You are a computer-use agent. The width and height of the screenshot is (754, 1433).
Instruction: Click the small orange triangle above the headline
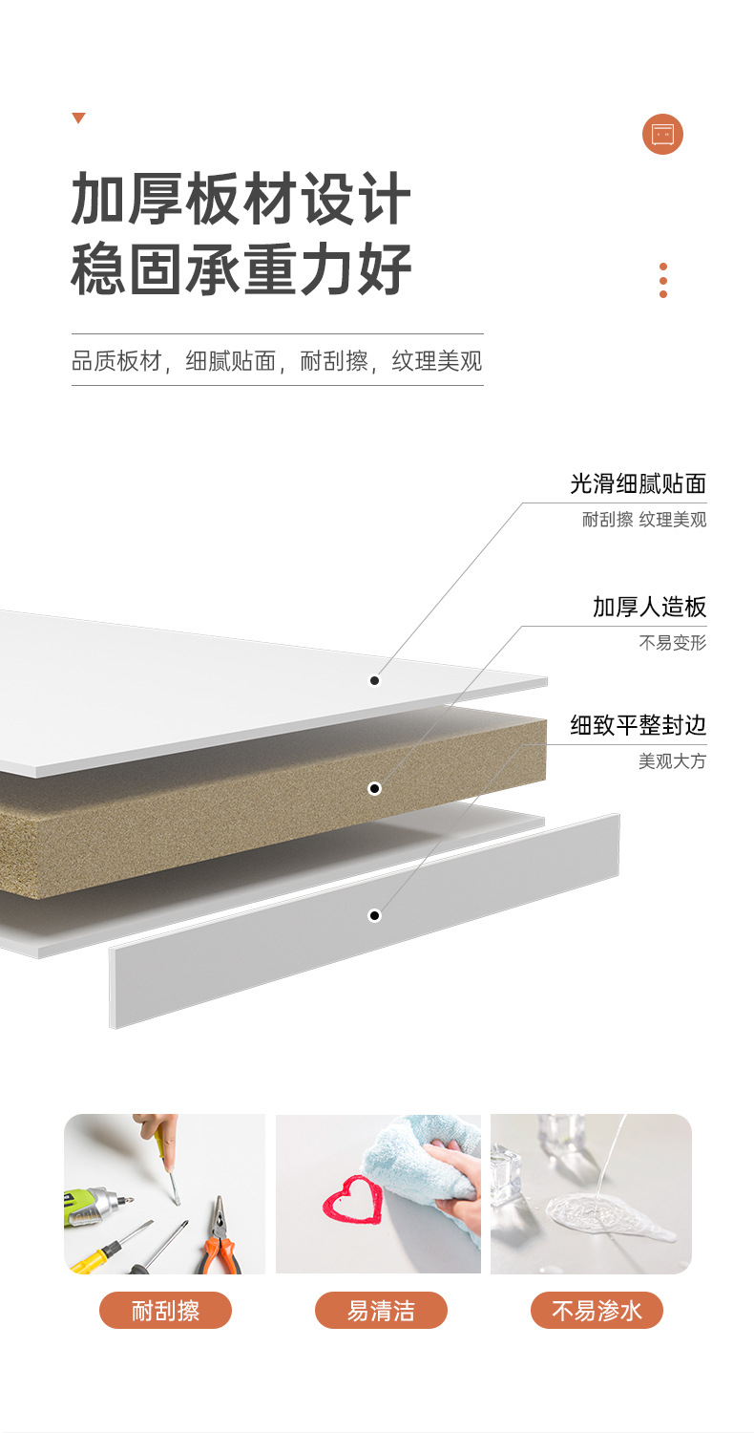78,118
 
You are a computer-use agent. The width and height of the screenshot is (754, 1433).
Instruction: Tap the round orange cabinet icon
662,134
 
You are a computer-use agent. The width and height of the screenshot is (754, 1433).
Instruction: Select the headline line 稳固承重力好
241,269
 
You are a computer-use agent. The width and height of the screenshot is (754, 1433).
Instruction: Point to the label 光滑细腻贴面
638,483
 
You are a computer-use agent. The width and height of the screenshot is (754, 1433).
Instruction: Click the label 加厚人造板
649,607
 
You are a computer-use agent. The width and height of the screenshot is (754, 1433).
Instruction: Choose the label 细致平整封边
638,725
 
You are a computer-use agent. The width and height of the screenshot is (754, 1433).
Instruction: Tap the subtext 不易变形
672,643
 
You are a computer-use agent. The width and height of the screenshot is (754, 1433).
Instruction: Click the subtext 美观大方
672,761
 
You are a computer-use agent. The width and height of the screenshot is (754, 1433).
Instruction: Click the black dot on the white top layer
375,680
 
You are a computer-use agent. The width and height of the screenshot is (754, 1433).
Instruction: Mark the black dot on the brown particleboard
375,788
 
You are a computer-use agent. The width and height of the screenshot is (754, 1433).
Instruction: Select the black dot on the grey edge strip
375,915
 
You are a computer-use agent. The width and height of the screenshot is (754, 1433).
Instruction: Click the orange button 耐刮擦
165,1311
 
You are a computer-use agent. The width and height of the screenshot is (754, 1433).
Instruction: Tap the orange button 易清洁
381,1311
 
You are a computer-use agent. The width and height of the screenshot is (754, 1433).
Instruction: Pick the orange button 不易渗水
597,1311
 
